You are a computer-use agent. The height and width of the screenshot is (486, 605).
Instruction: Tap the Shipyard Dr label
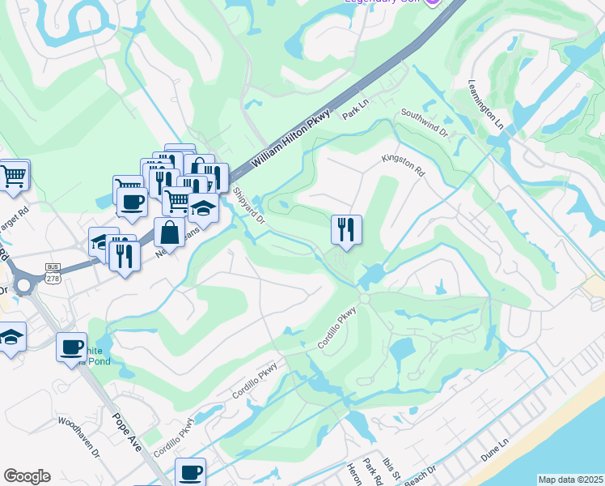249,207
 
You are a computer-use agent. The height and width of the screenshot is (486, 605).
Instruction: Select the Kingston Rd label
403,166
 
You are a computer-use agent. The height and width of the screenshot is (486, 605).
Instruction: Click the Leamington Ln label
485,104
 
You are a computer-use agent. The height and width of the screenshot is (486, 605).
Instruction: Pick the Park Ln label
355,110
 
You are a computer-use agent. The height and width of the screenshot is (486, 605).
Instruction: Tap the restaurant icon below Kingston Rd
346,229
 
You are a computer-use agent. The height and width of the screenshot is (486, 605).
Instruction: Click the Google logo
27,476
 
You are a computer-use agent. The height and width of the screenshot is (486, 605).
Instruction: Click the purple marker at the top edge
433,2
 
